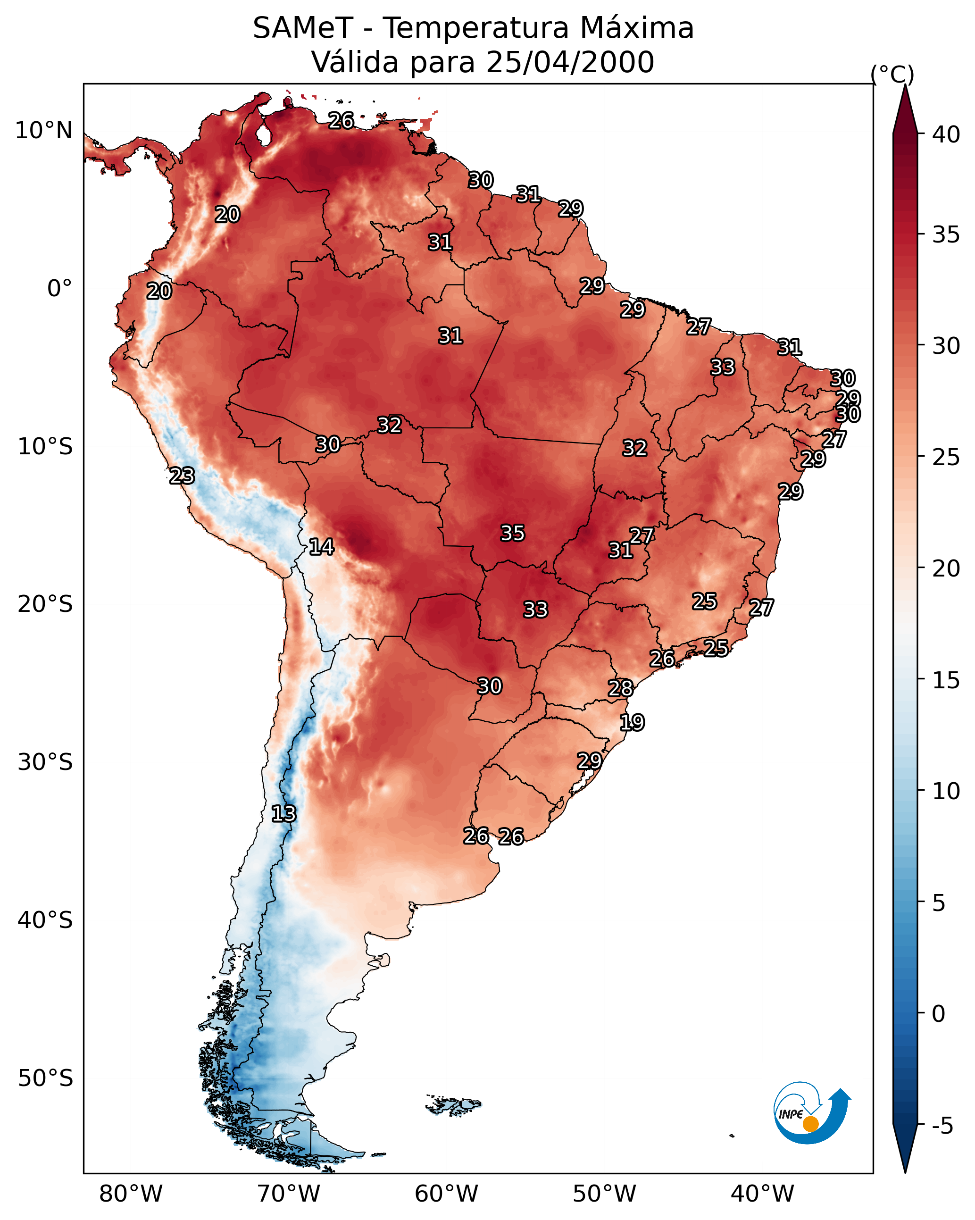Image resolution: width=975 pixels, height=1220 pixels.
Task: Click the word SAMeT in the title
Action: click(x=303, y=28)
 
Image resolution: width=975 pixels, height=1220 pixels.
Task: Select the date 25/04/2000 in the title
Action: click(x=570, y=62)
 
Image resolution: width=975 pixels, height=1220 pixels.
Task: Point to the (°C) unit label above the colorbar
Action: click(x=892, y=75)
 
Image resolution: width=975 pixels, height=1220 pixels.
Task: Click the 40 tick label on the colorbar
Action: click(x=946, y=134)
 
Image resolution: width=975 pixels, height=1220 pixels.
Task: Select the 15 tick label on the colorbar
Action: click(x=946, y=680)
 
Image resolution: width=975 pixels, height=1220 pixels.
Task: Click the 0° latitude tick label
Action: click(x=60, y=289)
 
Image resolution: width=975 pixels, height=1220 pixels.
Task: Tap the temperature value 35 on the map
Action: click(x=513, y=533)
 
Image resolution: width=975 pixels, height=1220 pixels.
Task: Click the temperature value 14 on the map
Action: click(x=321, y=547)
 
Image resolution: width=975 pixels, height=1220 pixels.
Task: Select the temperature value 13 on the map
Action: click(x=283, y=814)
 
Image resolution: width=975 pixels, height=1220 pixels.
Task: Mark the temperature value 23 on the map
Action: click(x=182, y=476)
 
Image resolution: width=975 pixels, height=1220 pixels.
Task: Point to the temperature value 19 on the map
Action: click(x=632, y=723)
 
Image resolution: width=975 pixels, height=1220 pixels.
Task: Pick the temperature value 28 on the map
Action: click(x=621, y=689)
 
